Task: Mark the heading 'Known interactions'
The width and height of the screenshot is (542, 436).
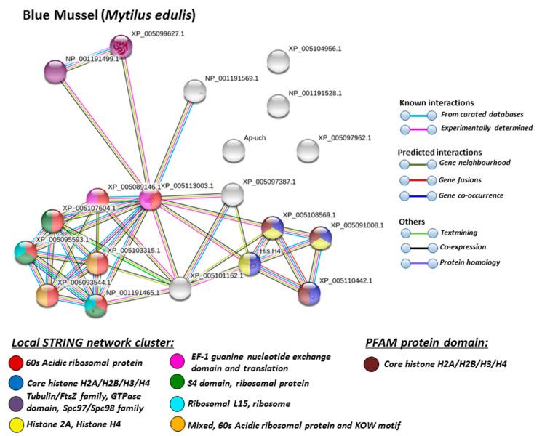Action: pyautogui.click(x=437, y=102)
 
